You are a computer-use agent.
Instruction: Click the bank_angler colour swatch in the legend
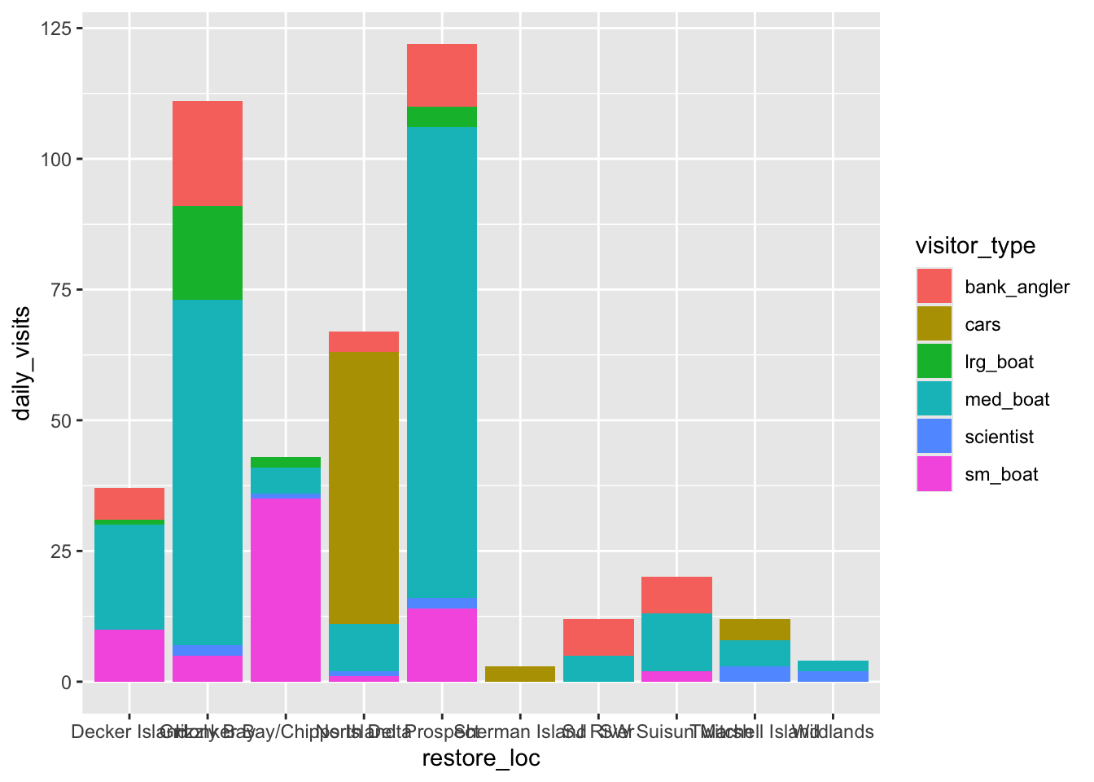(934, 287)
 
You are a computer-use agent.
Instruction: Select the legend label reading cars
(982, 324)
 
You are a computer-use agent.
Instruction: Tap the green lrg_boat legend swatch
(934, 362)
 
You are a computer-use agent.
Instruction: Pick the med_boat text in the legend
(1007, 399)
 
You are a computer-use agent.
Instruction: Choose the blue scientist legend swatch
(934, 437)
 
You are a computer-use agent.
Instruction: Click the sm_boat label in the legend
(1001, 474)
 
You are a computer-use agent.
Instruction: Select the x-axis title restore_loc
(481, 758)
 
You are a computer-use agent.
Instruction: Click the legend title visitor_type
(975, 245)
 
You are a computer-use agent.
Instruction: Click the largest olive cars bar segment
(364, 488)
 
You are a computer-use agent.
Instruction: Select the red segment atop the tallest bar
(442, 75)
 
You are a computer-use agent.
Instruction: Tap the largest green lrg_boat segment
(208, 253)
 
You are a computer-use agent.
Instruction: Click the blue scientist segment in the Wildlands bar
(834, 676)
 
